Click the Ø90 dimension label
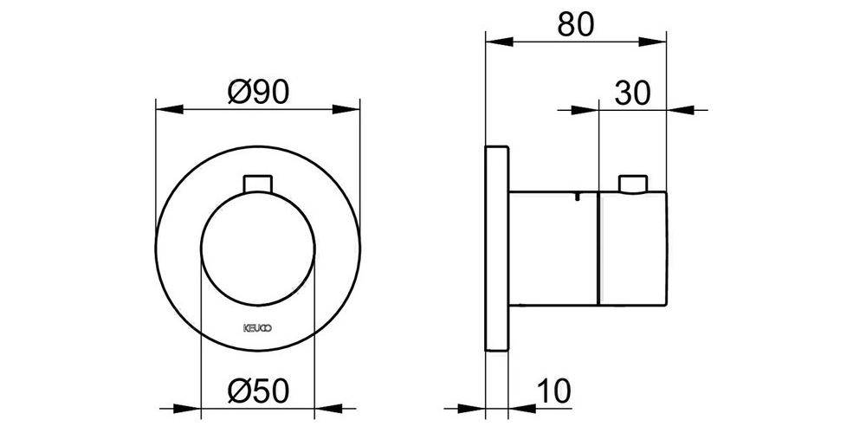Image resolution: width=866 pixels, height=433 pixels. (x=258, y=89)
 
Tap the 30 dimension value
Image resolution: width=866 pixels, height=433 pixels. (x=632, y=91)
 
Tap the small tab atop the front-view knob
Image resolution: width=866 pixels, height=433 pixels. (x=258, y=182)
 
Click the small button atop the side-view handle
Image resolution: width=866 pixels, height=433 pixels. (x=633, y=183)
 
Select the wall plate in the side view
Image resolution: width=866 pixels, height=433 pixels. (x=496, y=248)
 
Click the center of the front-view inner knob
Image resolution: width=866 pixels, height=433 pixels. (x=258, y=249)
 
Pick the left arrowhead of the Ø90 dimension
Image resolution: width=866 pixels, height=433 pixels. (x=165, y=109)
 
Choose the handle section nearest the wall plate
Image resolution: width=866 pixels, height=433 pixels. (x=553, y=249)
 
